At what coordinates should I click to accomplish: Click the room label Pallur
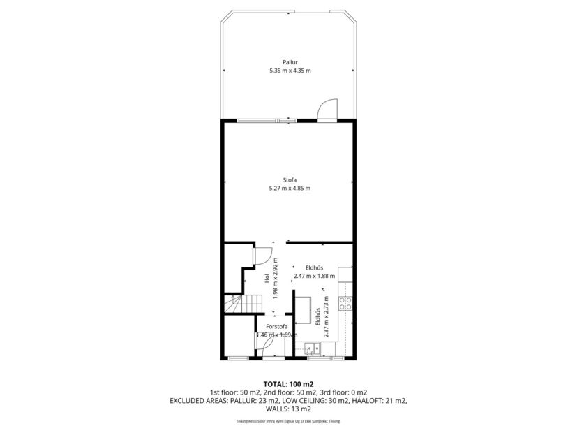click(290, 63)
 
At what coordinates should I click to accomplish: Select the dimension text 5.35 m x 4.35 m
click(290, 71)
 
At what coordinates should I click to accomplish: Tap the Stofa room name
click(290, 180)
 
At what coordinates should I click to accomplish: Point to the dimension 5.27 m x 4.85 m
click(290, 188)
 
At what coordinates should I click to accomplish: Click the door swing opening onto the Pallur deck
click(327, 111)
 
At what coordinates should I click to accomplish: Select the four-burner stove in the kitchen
click(344, 303)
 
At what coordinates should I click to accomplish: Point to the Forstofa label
click(276, 327)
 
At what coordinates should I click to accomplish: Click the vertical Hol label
click(267, 278)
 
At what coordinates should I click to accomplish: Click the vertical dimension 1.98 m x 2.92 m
click(276, 278)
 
